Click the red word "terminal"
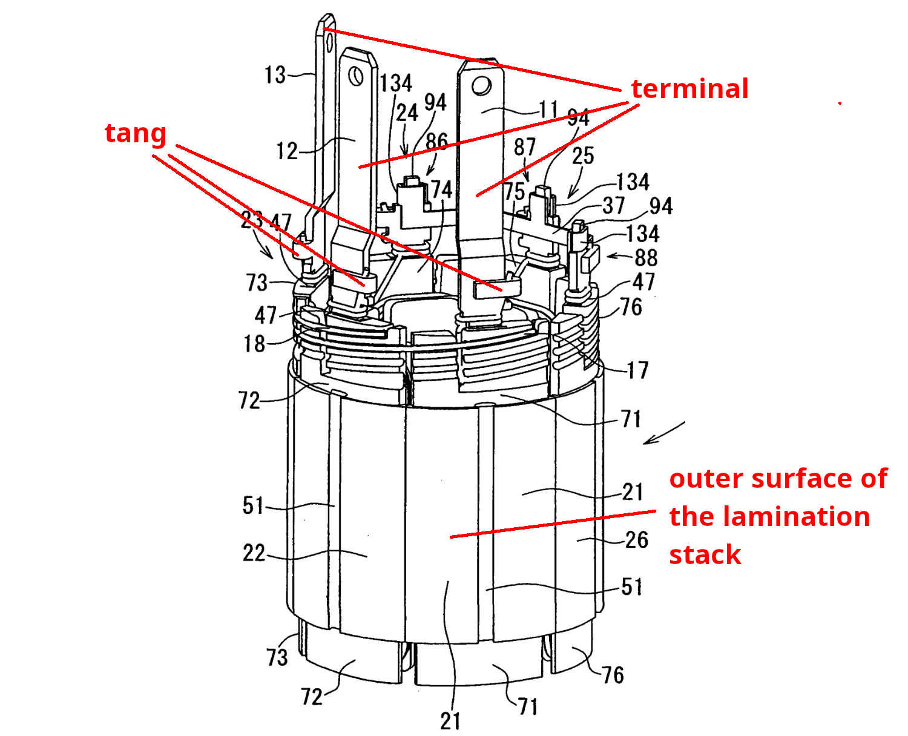[689, 88]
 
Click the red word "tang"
[136, 133]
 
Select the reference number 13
[275, 74]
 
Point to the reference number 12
[288, 150]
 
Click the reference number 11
[548, 110]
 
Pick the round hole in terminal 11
[481, 85]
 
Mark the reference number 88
[645, 257]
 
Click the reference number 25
[583, 156]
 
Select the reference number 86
[436, 142]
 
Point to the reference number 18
[255, 344]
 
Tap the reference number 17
[637, 370]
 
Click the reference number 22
[254, 553]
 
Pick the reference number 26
[636, 539]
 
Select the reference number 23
[251, 220]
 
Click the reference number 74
[442, 190]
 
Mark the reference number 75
[515, 191]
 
